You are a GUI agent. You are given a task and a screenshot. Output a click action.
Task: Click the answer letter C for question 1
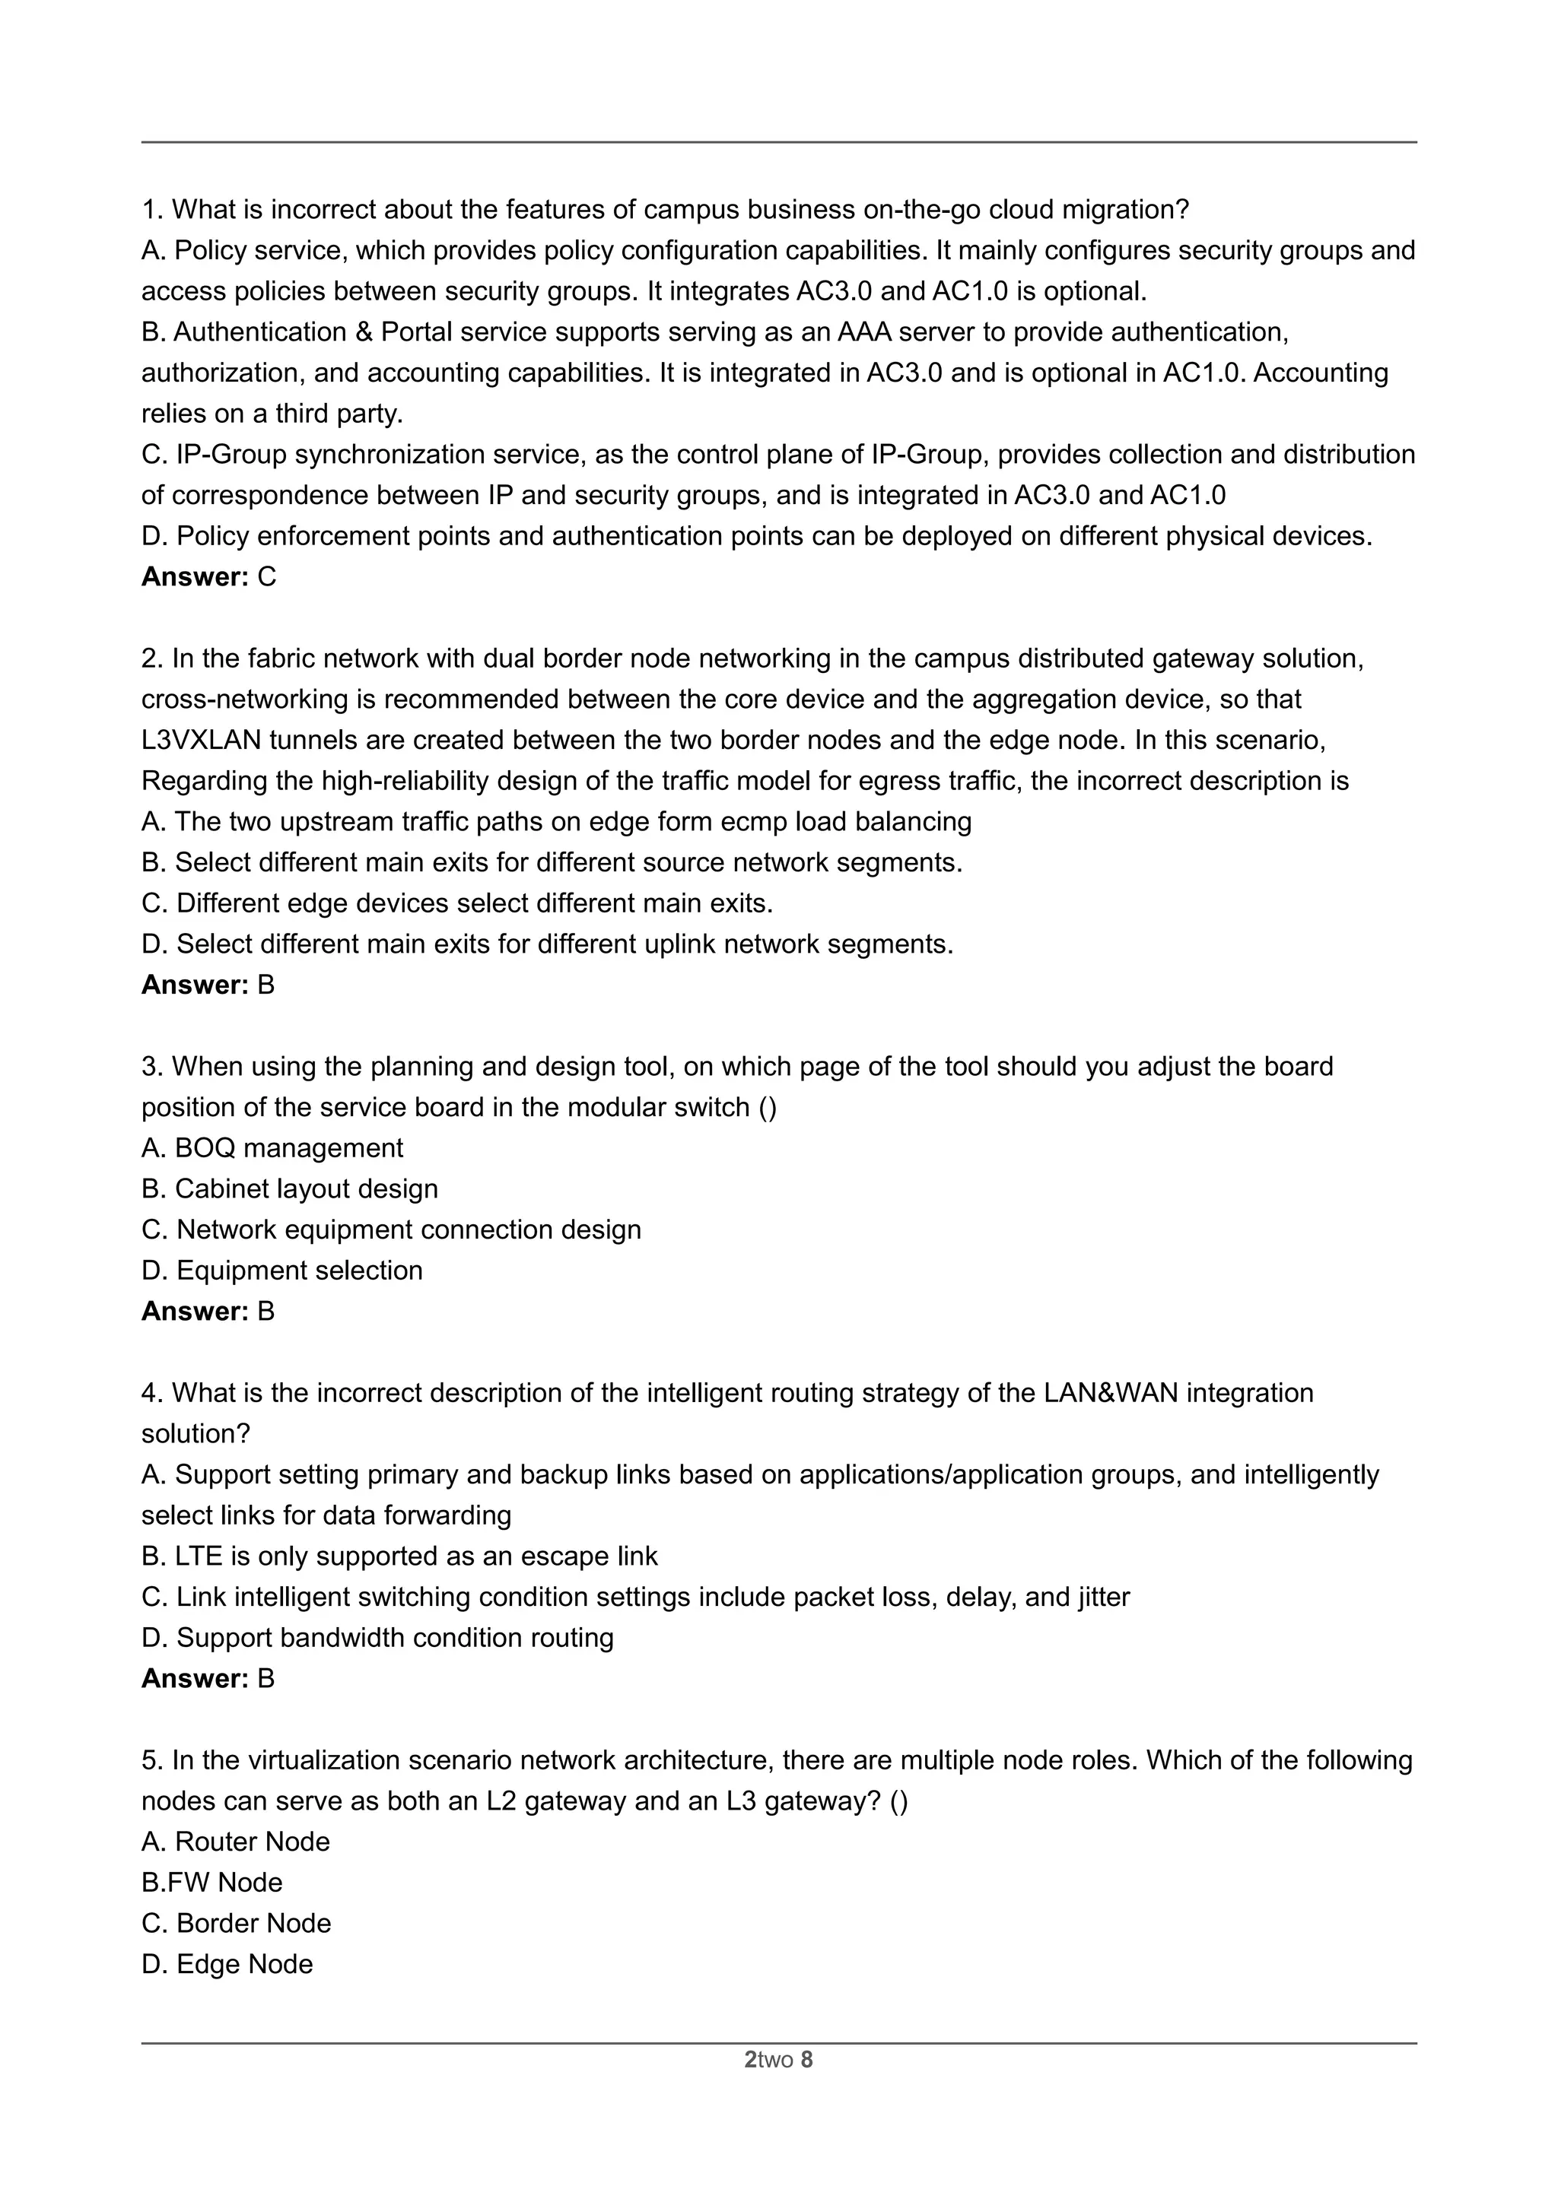click(267, 576)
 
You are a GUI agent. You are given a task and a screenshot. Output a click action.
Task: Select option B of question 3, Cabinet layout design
click(290, 1188)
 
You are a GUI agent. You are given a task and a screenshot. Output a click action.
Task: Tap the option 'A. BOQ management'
click(272, 1148)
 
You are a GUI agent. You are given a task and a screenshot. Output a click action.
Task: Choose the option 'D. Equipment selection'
click(282, 1270)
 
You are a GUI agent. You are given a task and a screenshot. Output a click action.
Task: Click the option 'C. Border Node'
click(236, 1923)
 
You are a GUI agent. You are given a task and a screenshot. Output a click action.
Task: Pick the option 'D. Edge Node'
click(227, 1964)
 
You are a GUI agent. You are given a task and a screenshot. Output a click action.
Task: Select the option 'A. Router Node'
click(236, 1842)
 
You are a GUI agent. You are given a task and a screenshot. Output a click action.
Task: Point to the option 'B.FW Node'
click(212, 1882)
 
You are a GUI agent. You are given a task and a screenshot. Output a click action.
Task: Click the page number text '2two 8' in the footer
click(778, 2059)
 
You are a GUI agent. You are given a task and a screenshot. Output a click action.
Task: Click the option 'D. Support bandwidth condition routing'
click(378, 1637)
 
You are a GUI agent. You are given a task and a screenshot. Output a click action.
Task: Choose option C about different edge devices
click(458, 903)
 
